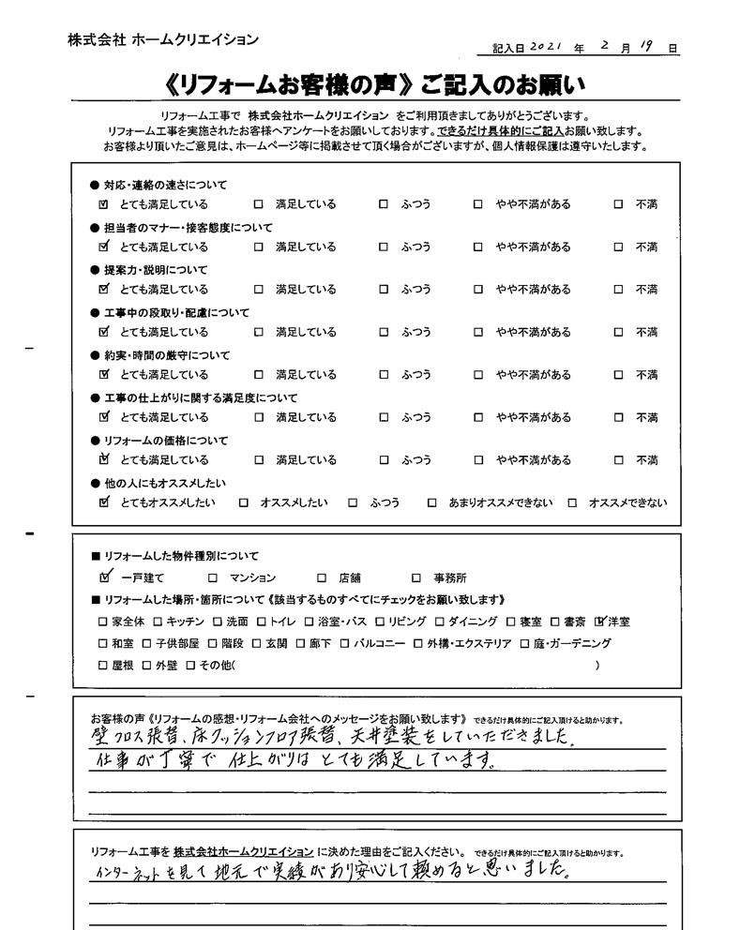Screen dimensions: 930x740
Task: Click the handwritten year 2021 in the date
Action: [x=547, y=46]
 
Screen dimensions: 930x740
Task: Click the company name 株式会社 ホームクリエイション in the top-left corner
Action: [x=162, y=39]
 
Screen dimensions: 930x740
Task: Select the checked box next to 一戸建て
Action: [x=104, y=577]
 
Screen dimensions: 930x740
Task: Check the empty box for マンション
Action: [x=213, y=578]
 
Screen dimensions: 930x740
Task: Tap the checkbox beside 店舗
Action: [x=321, y=578]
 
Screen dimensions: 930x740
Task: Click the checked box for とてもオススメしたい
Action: [x=104, y=502]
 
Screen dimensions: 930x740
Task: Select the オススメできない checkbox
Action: [x=572, y=503]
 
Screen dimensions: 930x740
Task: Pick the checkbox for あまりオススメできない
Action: [x=431, y=503]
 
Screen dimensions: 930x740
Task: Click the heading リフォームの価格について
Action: [x=165, y=441]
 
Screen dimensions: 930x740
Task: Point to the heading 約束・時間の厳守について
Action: [x=165, y=355]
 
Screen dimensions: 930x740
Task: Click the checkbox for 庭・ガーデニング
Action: [x=525, y=643]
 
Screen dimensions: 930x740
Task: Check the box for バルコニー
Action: [x=344, y=643]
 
